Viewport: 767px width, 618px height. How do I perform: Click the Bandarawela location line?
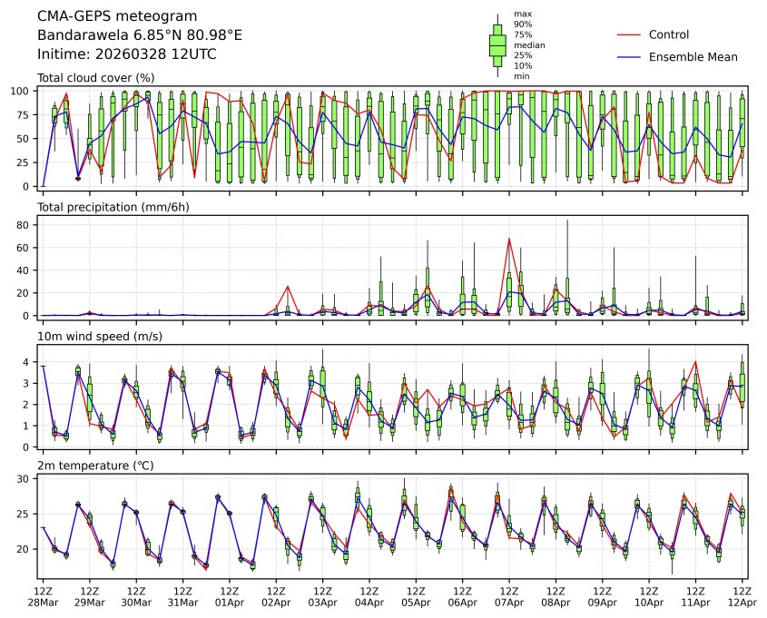click(140, 35)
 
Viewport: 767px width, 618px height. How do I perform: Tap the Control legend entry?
click(669, 35)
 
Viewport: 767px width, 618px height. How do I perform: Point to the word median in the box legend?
click(524, 44)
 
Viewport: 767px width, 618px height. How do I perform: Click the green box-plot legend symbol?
click(497, 44)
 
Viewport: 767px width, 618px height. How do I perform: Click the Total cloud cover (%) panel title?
click(95, 78)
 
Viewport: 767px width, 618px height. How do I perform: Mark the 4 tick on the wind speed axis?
click(28, 362)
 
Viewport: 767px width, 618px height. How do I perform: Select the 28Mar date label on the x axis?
click(43, 603)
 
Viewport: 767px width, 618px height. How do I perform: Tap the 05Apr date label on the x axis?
click(417, 603)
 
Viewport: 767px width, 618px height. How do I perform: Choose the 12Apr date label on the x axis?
click(743, 603)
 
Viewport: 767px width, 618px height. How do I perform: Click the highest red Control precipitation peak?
click(509, 239)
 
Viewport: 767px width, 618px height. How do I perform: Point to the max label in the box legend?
click(521, 15)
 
